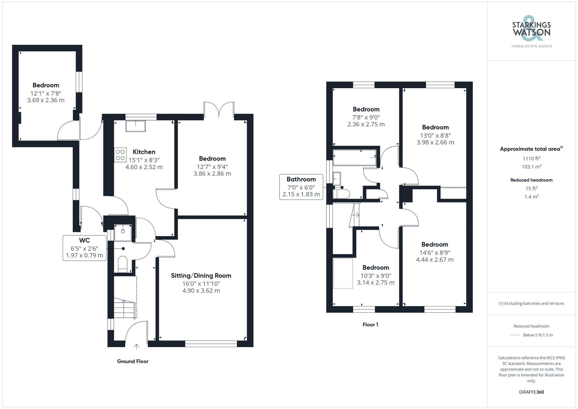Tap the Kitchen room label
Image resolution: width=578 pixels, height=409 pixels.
(x=144, y=152)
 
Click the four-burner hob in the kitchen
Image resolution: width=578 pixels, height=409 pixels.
(x=120, y=155)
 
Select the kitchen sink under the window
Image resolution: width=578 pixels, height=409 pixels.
(x=136, y=126)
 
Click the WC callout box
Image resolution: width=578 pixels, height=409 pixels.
(x=84, y=248)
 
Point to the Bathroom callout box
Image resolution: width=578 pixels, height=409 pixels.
(x=301, y=187)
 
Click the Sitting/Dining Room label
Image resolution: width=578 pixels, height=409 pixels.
(x=201, y=276)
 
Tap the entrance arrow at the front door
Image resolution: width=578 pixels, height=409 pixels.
(x=136, y=347)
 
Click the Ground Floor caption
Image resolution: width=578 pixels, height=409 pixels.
(x=133, y=361)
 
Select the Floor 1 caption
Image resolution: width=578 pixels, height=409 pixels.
(x=370, y=325)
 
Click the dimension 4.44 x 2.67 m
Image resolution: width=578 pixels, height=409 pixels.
(x=434, y=260)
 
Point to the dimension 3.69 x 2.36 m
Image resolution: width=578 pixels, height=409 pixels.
(x=46, y=100)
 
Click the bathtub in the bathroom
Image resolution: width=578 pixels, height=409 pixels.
(x=355, y=158)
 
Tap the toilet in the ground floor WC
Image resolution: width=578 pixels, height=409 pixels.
(x=123, y=264)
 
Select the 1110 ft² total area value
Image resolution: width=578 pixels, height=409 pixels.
(x=531, y=158)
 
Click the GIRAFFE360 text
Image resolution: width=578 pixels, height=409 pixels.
(x=531, y=392)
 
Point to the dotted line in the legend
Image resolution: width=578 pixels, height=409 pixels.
(x=515, y=335)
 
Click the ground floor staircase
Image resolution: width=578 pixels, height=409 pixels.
(x=124, y=309)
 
